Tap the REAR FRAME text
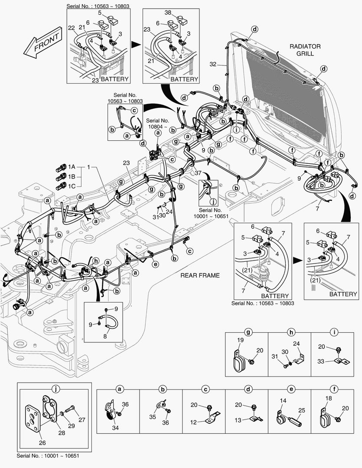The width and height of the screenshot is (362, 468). [x=200, y=275]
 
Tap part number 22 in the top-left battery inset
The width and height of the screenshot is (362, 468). [x=72, y=28]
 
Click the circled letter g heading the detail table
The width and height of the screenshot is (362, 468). [x=248, y=333]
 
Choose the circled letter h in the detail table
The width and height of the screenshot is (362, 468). [x=290, y=333]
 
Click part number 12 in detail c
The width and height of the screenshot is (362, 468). [x=194, y=422]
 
